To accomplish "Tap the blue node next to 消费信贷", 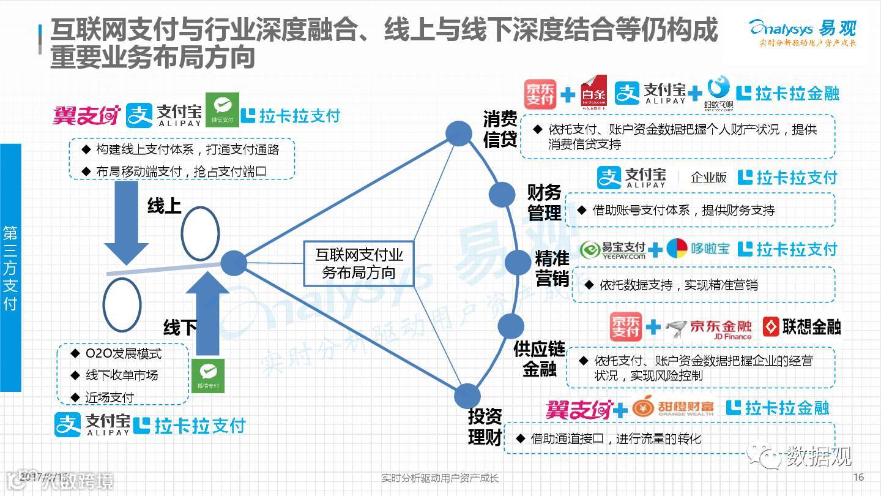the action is pos(458,133).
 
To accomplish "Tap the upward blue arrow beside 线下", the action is pos(207,312).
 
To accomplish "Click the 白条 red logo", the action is pos(593,92).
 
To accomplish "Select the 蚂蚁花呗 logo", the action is pos(718,92).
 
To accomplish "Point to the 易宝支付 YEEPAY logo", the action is pos(614,250).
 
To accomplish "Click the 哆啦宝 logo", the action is pos(697,249).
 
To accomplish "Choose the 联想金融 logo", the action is pos(802,327).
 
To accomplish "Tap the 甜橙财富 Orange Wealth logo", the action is pos(673,408).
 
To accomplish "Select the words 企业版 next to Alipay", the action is pos(708,178).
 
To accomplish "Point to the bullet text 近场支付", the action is pos(110,397).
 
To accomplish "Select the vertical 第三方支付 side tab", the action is pos(10,268).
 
